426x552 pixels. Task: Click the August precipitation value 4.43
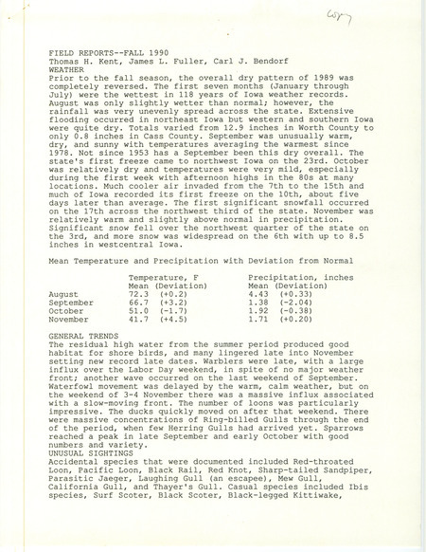[x=259, y=294]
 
